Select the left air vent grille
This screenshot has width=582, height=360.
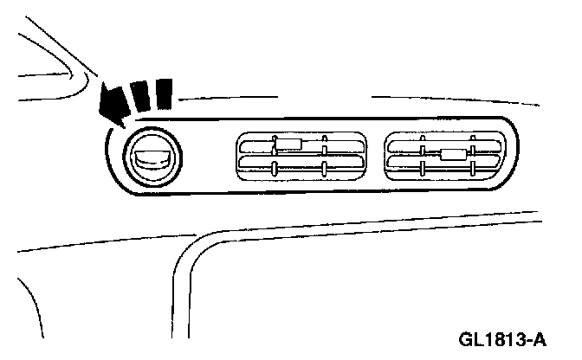click(x=300, y=156)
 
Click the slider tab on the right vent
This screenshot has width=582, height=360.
click(x=453, y=155)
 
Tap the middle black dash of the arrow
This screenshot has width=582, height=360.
click(x=140, y=95)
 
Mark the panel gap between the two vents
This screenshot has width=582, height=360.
click(x=373, y=156)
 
